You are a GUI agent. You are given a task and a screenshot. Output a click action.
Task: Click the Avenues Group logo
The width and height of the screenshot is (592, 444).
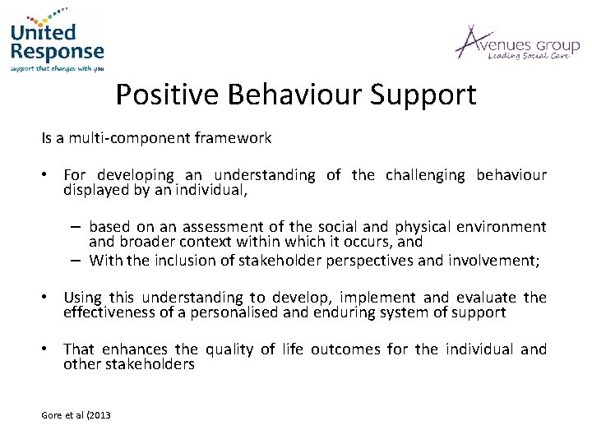517,43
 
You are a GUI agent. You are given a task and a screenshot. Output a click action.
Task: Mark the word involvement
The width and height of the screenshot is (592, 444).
495,261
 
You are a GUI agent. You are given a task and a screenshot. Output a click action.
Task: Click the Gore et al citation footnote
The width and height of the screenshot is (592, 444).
76,414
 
